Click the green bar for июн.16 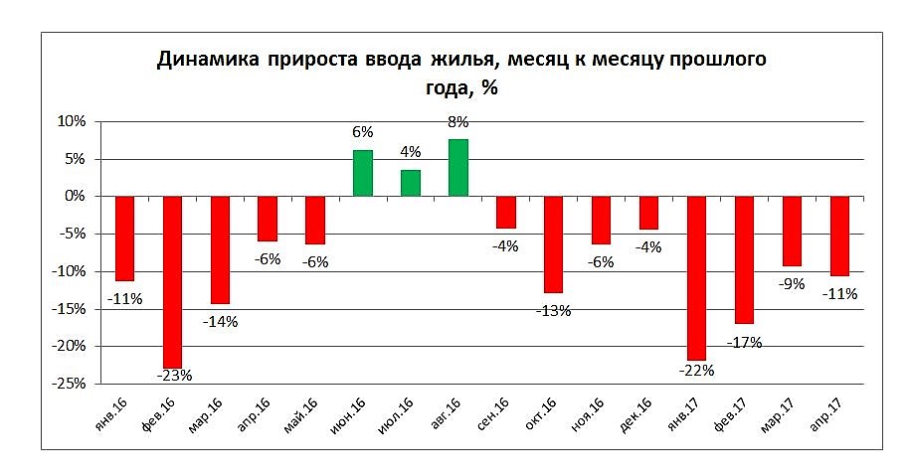pos(363,173)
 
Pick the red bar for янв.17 pos(696,278)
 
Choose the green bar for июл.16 pos(411,183)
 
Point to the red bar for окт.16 pos(554,244)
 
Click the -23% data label pos(174,376)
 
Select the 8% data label pos(458,122)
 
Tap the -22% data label pos(697,370)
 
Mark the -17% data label pos(744,343)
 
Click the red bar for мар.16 pos(220,249)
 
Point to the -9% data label pos(792,284)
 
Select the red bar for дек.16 pos(648,213)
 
